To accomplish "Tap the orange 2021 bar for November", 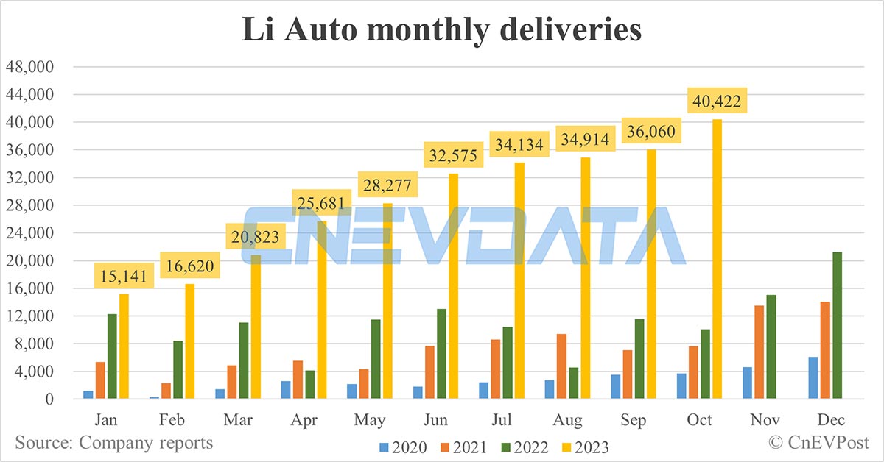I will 760,352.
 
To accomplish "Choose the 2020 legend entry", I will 403,446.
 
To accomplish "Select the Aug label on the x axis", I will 567,420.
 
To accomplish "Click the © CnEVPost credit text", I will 818,442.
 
